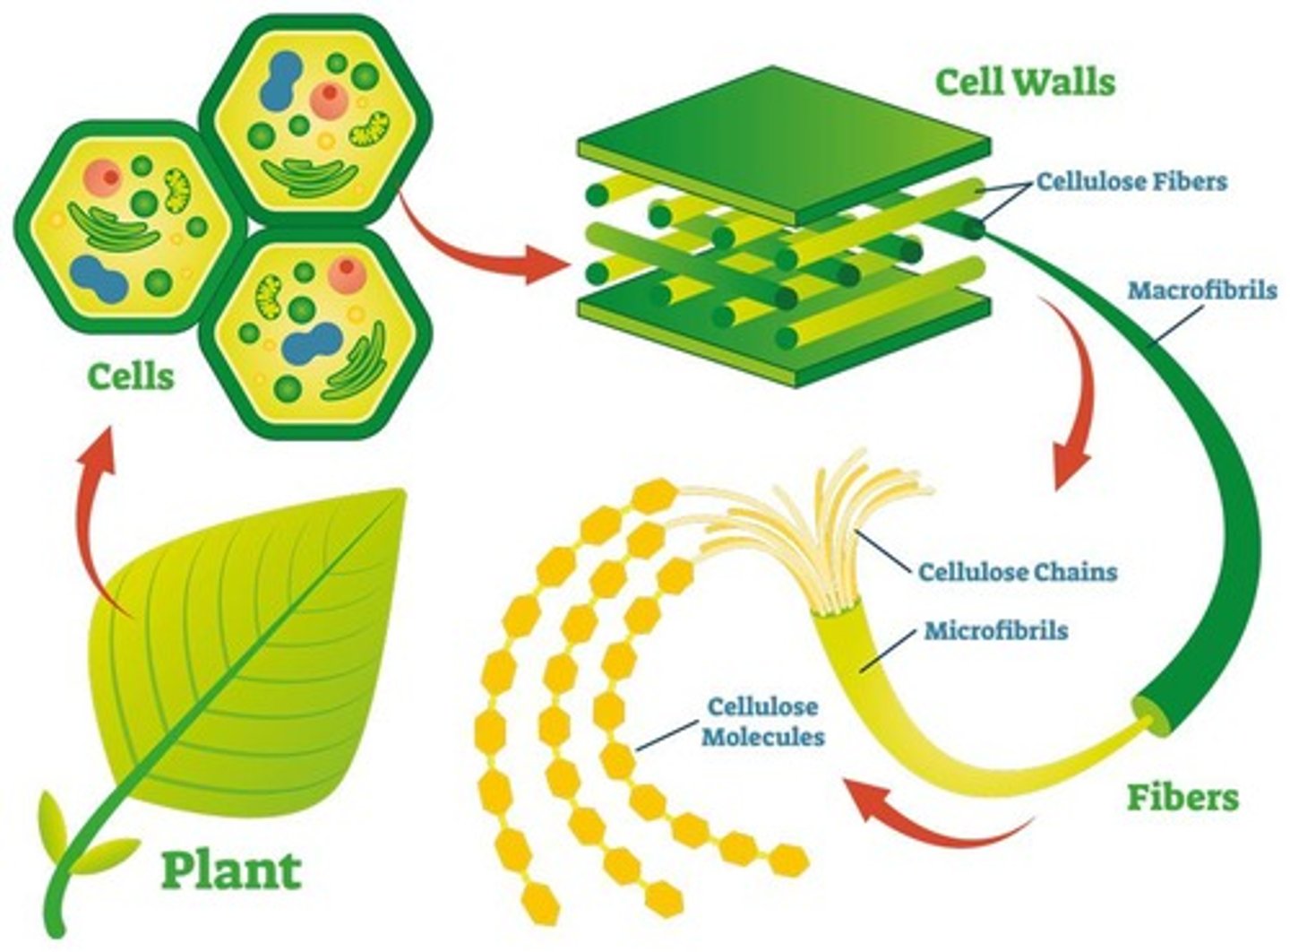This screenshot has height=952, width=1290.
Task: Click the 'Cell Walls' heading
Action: point(1025,82)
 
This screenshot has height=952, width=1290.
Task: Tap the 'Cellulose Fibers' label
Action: point(1131,182)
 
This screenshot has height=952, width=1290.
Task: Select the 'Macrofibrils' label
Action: point(1201,290)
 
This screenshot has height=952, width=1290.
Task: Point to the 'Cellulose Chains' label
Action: point(1018,571)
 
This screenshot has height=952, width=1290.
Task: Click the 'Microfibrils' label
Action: point(996,630)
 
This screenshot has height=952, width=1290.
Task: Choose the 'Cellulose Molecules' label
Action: point(762,722)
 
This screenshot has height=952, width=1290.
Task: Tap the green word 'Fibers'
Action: point(1182,797)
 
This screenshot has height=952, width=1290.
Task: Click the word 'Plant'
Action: point(231,870)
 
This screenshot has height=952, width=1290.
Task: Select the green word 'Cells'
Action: point(131,376)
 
